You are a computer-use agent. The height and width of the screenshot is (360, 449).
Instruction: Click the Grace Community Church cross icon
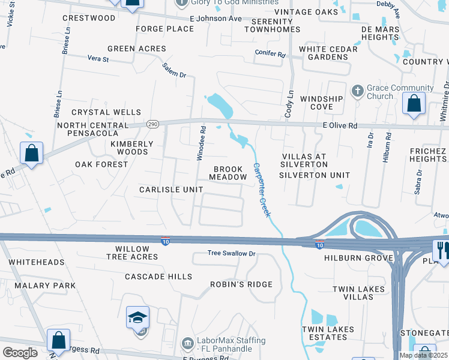click(x=357, y=91)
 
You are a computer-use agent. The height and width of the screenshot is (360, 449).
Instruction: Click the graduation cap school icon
click(x=137, y=317)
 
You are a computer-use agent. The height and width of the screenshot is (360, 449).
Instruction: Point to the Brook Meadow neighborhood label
click(x=228, y=173)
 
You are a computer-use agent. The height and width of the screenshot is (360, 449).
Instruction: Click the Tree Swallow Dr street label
click(x=232, y=253)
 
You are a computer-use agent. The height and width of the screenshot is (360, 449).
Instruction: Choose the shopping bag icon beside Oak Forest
click(x=32, y=153)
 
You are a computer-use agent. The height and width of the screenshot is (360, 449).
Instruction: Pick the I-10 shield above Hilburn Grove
click(x=319, y=244)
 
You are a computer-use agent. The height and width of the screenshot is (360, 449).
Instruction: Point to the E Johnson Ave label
click(x=215, y=19)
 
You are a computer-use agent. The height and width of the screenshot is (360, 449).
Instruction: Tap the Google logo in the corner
click(x=19, y=353)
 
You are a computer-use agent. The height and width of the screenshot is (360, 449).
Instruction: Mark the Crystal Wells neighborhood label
click(x=106, y=112)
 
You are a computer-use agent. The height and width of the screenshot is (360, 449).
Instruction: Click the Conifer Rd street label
click(x=270, y=53)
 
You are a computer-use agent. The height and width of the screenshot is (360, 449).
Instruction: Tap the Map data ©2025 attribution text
click(x=423, y=355)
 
